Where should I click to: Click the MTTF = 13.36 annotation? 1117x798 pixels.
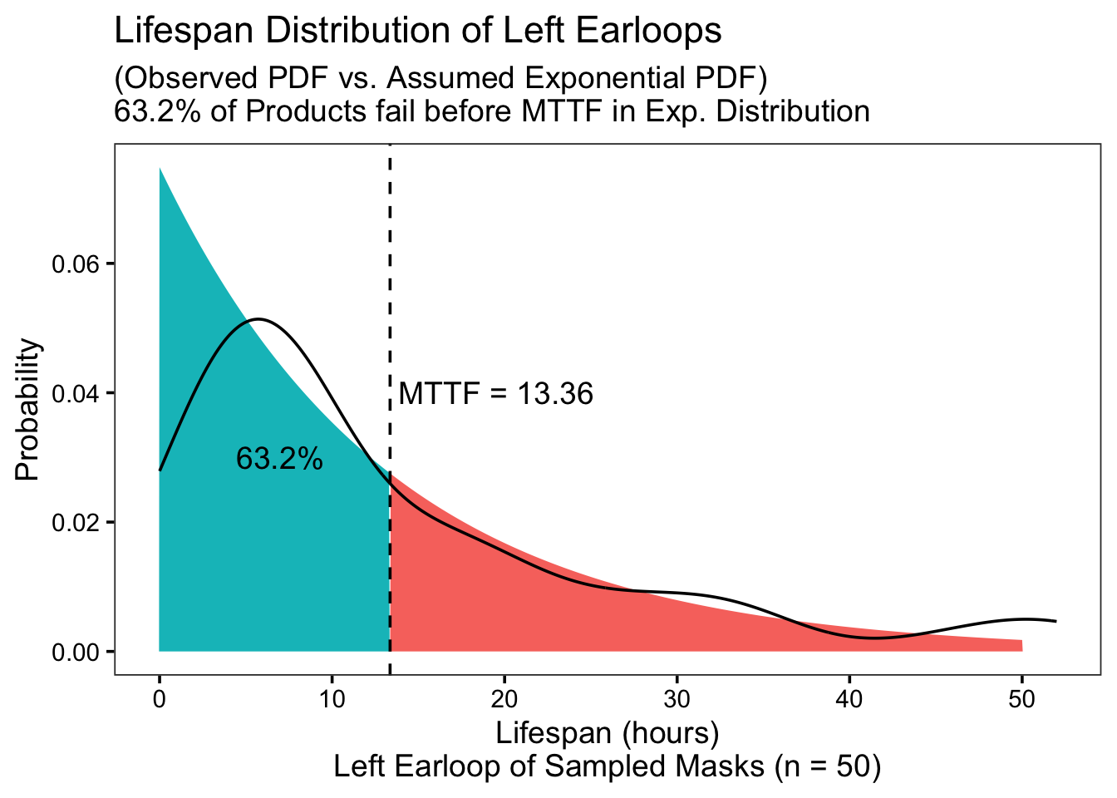[x=495, y=393]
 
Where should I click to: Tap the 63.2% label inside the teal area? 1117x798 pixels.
[x=279, y=458]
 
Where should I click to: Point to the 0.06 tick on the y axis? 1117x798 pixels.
[x=76, y=264]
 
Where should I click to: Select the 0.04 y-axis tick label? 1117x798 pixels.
[x=76, y=393]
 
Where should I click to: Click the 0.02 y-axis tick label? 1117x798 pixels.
[x=76, y=523]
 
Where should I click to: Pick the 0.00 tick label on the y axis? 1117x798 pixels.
[x=76, y=652]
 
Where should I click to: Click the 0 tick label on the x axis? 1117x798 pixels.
[x=160, y=699]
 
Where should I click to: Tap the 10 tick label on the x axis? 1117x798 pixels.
[x=332, y=699]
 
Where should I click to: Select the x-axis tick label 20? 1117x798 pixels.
[x=504, y=699]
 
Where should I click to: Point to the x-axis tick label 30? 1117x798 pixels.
[x=677, y=699]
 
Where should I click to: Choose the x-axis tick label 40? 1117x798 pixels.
[x=849, y=699]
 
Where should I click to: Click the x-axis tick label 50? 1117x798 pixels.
[x=1022, y=699]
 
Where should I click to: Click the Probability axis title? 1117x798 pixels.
[x=27, y=410]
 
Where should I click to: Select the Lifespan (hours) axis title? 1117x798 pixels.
[x=608, y=734]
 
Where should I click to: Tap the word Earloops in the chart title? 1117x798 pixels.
[x=648, y=32]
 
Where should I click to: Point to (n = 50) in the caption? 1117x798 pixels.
[x=829, y=766]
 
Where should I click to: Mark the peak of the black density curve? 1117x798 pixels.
[x=258, y=318]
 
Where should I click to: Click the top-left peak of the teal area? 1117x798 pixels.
[x=160, y=168]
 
